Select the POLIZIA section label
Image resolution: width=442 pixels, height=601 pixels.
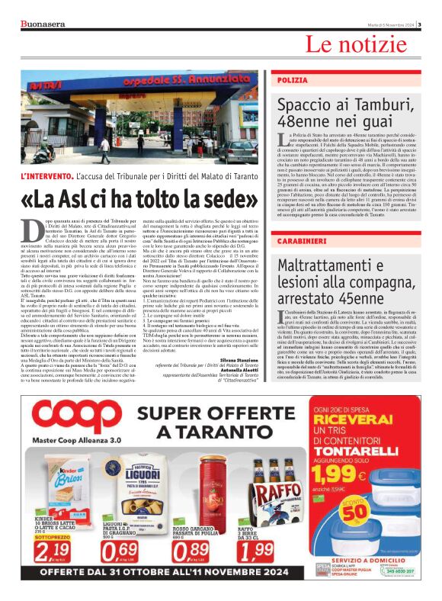293,79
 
